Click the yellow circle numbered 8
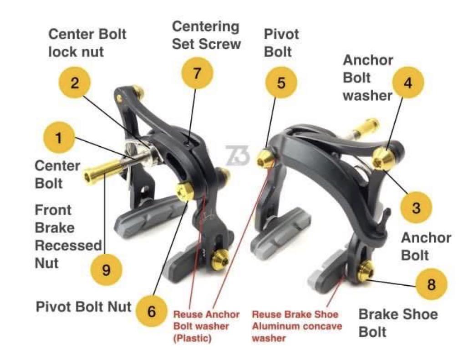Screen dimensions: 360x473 coord(431,285)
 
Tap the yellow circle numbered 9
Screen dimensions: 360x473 coord(106,270)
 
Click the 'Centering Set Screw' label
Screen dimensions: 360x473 coord(206,35)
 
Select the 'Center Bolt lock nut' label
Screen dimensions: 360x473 coord(87,43)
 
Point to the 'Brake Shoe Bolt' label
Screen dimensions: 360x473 coord(398,323)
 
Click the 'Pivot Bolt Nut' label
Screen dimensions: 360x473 coord(84,307)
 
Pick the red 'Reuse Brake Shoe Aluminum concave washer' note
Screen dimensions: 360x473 coord(295,326)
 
